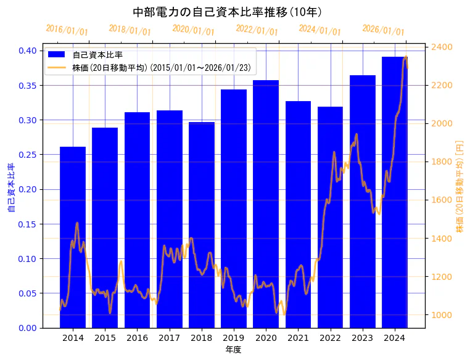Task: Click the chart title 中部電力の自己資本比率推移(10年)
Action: tap(228, 12)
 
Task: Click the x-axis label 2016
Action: tap(137, 338)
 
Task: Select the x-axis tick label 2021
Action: tap(298, 338)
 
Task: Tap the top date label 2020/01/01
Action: tap(194, 30)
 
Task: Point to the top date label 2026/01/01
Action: tap(383, 30)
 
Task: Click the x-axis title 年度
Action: tap(233, 350)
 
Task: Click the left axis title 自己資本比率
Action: tap(10, 188)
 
